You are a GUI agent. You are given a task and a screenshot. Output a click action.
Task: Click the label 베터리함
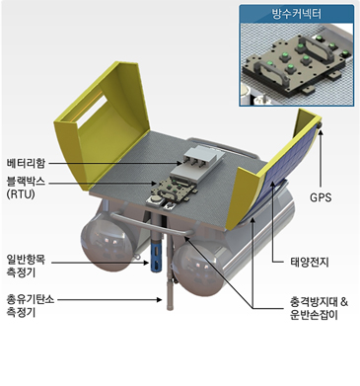coord(27,163)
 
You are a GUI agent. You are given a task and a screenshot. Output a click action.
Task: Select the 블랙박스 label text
coord(27,182)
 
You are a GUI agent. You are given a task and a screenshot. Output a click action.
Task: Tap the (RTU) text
coord(21,193)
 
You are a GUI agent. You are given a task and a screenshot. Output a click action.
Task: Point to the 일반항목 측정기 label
coord(27,267)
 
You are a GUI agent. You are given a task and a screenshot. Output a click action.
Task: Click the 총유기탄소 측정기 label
coord(31,306)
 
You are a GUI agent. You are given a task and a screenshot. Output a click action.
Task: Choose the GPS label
coord(321,197)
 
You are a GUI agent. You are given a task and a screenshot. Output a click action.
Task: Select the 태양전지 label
coord(310,262)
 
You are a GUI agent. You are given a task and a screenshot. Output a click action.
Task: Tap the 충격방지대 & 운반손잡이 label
coord(319,308)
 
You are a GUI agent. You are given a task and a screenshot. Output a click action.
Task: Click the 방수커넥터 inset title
coord(297,14)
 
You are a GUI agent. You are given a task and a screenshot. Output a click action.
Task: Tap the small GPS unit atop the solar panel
coord(320,125)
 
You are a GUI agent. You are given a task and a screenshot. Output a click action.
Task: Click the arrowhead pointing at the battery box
coord(179,163)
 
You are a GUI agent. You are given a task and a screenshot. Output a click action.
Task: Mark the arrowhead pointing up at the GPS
coord(321,132)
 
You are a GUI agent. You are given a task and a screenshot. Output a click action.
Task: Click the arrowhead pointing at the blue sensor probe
coord(147,263)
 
